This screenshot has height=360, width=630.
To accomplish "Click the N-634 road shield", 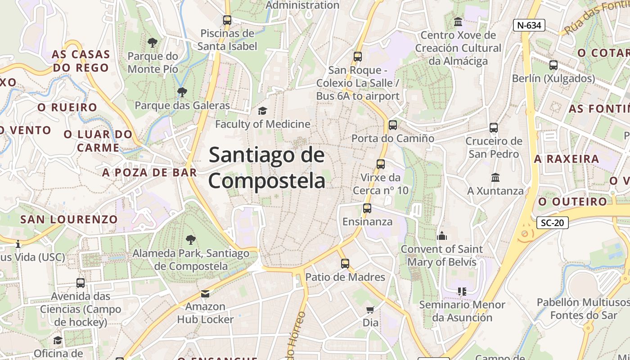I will (x=529, y=25).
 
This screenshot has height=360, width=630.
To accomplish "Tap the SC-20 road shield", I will (x=553, y=222).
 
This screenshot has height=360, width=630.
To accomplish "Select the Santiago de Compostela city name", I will (x=266, y=167).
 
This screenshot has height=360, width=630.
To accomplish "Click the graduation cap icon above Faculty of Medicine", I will (x=262, y=111).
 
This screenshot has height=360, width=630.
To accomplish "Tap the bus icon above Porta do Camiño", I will (x=393, y=125).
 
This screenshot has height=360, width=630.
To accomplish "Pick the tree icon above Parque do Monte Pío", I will (x=153, y=43).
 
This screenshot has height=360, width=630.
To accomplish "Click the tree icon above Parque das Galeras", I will (x=182, y=92).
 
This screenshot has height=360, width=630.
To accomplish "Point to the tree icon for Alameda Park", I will (x=191, y=239).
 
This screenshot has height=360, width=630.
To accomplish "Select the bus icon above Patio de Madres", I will (x=345, y=264).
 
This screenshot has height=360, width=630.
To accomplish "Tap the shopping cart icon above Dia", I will (x=370, y=310).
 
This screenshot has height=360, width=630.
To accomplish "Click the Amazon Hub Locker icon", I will (x=205, y=294).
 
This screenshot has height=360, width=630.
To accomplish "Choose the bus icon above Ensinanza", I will (x=367, y=208).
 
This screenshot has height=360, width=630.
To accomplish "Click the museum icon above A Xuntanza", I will (x=495, y=177).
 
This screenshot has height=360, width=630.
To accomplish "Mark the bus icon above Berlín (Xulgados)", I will (x=553, y=65).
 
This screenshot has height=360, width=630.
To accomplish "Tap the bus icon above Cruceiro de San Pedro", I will (x=494, y=128).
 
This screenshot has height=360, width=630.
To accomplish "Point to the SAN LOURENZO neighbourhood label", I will (x=69, y=220).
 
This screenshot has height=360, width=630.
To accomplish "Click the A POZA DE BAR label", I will (x=149, y=172).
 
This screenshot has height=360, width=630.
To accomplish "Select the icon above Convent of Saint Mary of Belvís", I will (x=442, y=235).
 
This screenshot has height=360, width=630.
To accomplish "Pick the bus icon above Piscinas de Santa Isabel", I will (x=227, y=20).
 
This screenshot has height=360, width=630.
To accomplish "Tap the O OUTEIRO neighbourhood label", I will (x=573, y=202).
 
